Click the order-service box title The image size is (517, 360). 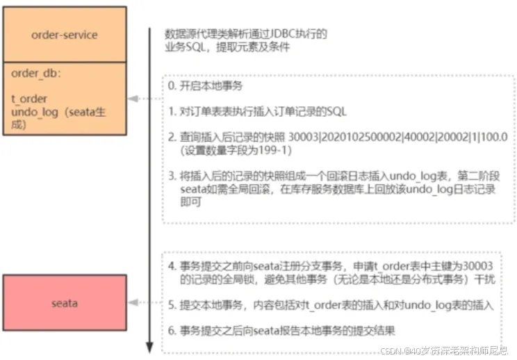tap(65, 35)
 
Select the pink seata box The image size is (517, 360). tap(65, 303)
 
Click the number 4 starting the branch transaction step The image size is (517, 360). tap(172, 265)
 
